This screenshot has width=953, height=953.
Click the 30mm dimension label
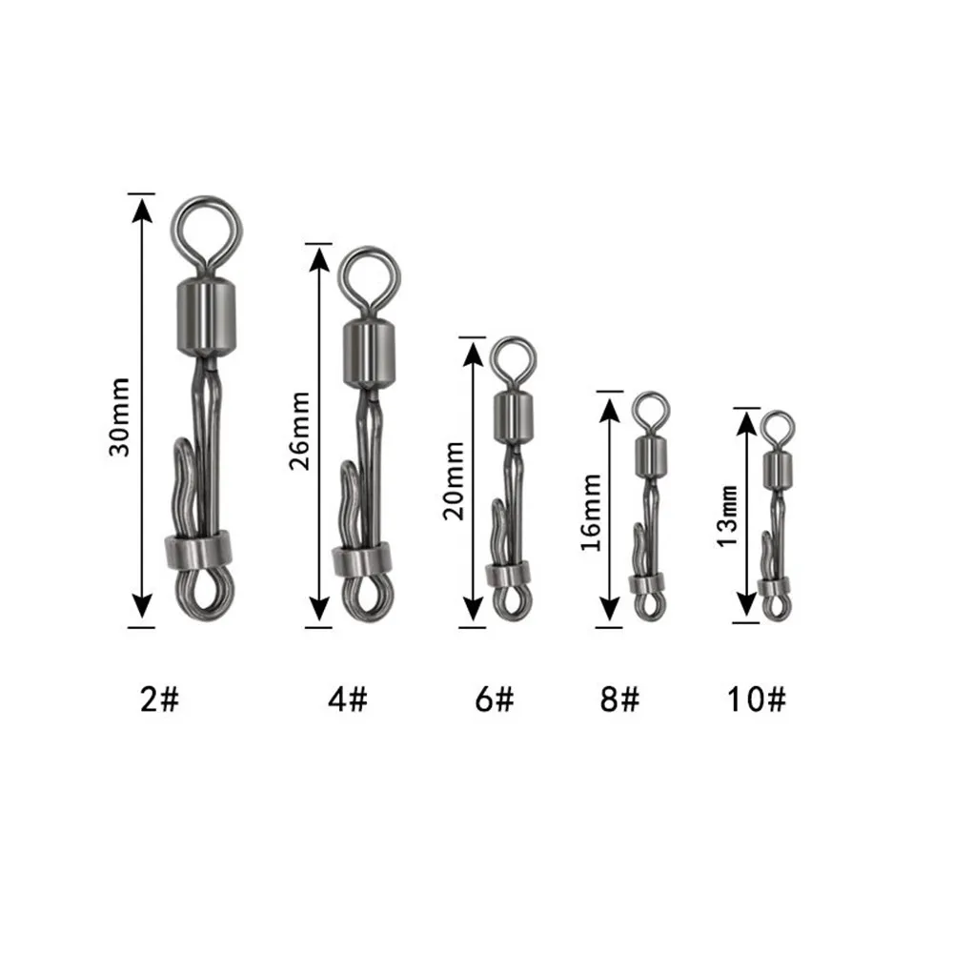(x=119, y=416)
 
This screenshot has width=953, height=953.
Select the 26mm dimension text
(x=299, y=431)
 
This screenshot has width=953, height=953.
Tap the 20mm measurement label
(x=454, y=480)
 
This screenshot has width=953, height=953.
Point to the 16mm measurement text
(x=591, y=513)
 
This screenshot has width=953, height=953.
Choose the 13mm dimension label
(x=727, y=517)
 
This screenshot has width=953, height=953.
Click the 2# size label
(x=160, y=699)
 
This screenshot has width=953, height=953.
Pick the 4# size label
(x=348, y=699)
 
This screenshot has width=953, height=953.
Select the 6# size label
(x=495, y=699)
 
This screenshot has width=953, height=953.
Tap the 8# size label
(x=620, y=699)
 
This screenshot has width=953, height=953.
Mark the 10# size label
(x=757, y=699)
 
